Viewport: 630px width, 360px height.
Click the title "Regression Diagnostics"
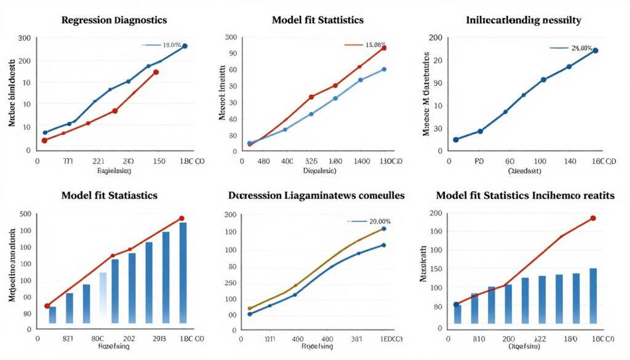tap(114, 20)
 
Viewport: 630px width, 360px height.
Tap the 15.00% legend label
tap(376, 45)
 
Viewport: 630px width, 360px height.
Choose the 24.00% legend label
tap(581, 47)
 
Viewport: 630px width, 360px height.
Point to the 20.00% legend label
tap(378, 221)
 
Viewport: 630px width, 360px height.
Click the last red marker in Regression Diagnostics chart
tap(156, 72)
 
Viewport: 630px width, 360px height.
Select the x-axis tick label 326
tap(312, 161)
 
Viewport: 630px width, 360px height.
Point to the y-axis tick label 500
tap(25, 214)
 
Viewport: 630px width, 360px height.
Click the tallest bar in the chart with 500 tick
tap(183, 273)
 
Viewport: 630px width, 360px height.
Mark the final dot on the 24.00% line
tap(595, 50)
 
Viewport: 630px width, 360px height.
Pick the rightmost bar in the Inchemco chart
tap(592, 295)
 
